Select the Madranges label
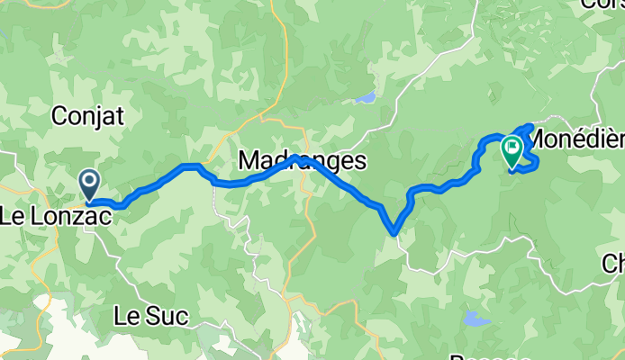(303, 162)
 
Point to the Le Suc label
(152, 316)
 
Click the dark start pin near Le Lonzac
(90, 184)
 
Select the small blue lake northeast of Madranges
(364, 97)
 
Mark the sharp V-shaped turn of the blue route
(394, 233)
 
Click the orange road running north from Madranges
(285, 72)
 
